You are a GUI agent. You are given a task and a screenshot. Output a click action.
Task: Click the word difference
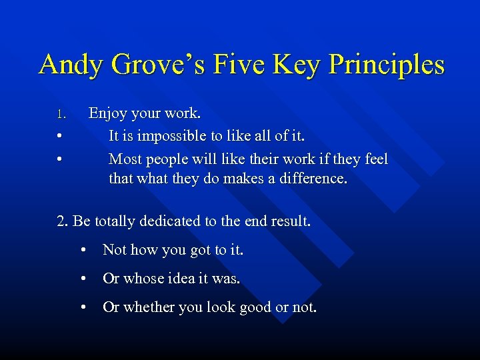coord(314,180)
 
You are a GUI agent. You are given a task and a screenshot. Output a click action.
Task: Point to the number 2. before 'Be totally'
coord(63,221)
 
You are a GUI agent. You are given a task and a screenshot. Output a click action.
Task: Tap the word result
coord(291,221)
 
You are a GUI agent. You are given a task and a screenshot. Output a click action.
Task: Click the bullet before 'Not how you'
coord(83,251)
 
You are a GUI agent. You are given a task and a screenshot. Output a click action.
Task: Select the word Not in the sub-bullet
coord(115,250)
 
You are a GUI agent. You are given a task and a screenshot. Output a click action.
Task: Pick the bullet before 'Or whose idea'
coord(83,279)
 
